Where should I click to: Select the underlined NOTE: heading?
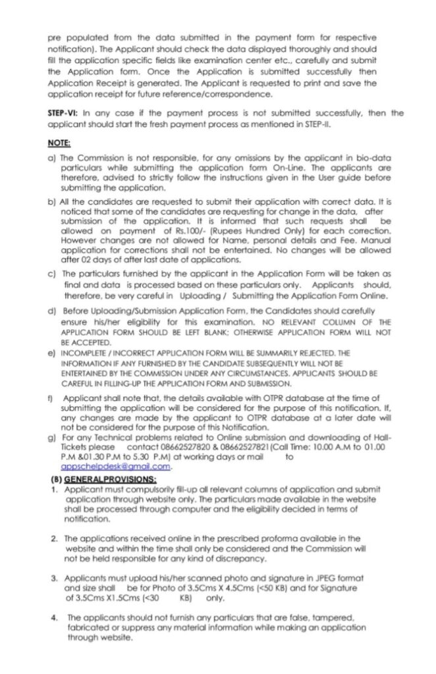pyautogui.click(x=59, y=142)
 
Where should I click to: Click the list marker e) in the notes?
pyautogui.click(x=51, y=353)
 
